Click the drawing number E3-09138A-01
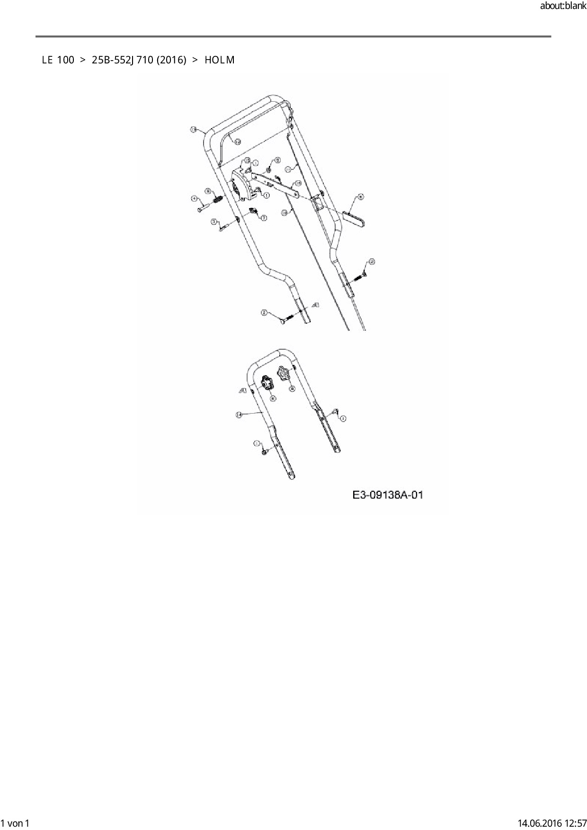[388, 495]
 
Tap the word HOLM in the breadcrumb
[220, 60]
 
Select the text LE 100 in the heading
[58, 60]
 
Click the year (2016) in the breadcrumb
[171, 60]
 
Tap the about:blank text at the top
[563, 6]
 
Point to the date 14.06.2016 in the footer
[535, 823]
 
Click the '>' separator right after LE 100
[83, 60]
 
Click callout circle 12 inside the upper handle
[238, 141]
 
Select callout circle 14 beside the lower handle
[239, 415]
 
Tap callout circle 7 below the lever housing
[264, 218]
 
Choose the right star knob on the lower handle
[284, 373]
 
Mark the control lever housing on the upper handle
[242, 187]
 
